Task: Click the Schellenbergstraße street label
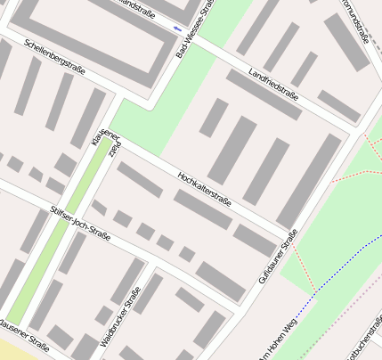click(x=55, y=56)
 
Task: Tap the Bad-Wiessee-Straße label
click(x=194, y=30)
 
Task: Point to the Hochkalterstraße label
click(x=204, y=189)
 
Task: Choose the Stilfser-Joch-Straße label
click(x=80, y=224)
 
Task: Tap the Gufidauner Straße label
click(x=277, y=256)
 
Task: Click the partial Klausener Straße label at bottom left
click(x=24, y=335)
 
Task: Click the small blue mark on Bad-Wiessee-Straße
click(x=177, y=29)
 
